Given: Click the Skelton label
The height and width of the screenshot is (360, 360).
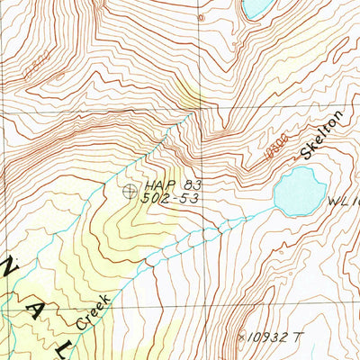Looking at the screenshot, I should [x=321, y=135].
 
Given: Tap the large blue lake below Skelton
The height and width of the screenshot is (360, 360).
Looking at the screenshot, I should [x=300, y=191].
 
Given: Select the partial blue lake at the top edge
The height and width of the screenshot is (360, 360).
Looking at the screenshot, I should [x=257, y=8].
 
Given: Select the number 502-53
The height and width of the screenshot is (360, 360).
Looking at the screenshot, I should [x=169, y=198].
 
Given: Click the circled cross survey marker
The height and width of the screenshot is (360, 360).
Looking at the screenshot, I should [x=130, y=190].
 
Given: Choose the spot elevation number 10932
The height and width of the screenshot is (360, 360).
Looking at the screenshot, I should [x=270, y=337].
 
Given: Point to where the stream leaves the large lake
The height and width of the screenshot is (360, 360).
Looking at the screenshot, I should [x=275, y=207].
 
